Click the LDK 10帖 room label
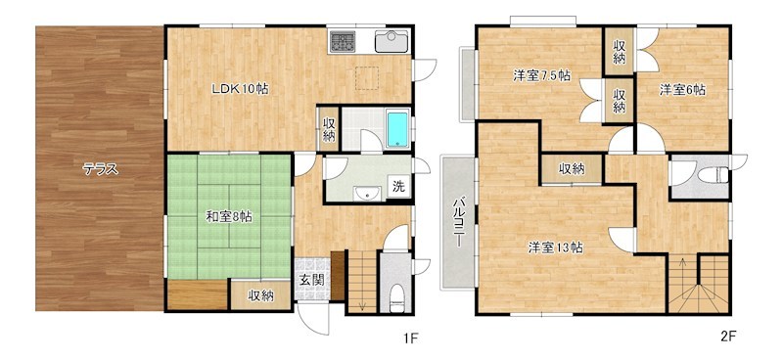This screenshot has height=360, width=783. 241,89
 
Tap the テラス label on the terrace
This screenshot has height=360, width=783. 101,170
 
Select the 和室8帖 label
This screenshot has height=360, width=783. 229,217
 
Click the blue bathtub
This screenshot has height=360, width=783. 397,129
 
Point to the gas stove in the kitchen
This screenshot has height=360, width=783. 342,41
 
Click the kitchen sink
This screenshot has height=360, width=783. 391,41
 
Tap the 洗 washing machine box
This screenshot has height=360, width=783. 398,186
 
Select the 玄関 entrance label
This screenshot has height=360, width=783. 311,280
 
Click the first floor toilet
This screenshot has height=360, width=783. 396,298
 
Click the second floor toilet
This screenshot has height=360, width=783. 711,175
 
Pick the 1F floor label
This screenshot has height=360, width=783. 410,339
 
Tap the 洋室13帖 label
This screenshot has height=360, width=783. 555,247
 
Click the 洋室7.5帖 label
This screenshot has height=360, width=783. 542,75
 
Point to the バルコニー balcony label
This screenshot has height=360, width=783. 457,223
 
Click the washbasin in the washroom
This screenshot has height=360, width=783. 368,194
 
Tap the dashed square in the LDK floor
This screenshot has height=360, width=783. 367,78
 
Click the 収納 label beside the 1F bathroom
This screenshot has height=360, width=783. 329,130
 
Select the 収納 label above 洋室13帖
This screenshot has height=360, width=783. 572,169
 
